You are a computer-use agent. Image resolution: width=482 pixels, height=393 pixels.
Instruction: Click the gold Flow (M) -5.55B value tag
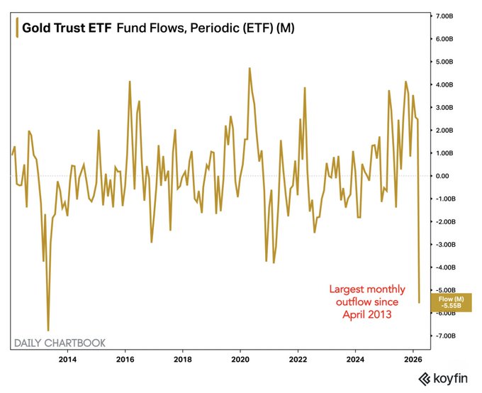pos(449,301)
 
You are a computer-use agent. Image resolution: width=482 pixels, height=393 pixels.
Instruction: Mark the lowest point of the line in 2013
pos(48,330)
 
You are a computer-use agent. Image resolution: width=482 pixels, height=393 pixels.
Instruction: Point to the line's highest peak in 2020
pos(250,68)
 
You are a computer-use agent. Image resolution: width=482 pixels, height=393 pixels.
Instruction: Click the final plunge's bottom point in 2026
pos(419,302)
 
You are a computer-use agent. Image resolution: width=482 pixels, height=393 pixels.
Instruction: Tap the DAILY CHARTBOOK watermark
pos(60,343)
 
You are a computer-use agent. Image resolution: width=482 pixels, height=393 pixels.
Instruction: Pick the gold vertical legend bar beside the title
pos(16,29)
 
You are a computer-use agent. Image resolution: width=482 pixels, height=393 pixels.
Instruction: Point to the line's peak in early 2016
pos(130,82)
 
